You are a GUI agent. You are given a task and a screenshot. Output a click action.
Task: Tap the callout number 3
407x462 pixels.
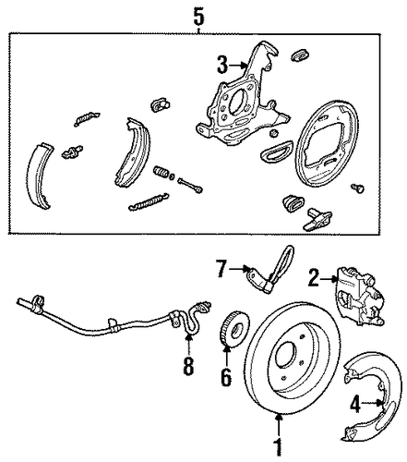[x=222, y=65]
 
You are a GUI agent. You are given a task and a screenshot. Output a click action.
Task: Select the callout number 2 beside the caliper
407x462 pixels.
[x=313, y=278]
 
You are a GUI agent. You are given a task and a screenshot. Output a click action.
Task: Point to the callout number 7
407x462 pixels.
[x=221, y=269]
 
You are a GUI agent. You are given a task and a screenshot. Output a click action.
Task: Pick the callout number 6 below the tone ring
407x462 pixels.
[x=226, y=377]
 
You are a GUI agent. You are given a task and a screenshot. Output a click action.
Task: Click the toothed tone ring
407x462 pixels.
[x=235, y=330]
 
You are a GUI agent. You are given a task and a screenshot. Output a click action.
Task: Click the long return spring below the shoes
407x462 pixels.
[x=149, y=201]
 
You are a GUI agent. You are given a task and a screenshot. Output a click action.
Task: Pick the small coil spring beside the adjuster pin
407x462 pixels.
[x=162, y=172]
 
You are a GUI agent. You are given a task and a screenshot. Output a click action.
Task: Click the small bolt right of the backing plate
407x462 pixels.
[x=358, y=188]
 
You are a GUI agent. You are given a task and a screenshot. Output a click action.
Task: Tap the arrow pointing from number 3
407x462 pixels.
[x=239, y=65]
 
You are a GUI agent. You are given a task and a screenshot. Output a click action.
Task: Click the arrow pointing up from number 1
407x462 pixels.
[x=279, y=425]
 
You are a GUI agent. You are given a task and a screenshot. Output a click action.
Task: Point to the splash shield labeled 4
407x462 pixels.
[x=371, y=395]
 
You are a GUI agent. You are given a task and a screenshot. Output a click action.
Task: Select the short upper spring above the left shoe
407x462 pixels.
[x=87, y=119]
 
